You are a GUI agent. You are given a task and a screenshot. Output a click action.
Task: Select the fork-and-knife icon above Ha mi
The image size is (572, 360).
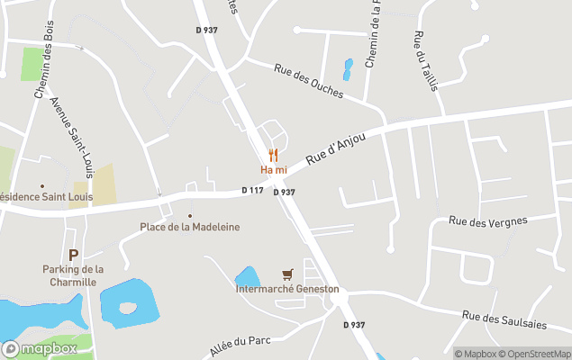[273, 155]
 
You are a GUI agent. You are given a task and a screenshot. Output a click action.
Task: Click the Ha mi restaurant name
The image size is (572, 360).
[273, 169]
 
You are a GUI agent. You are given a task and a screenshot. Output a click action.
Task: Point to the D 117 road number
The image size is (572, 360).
[252, 190]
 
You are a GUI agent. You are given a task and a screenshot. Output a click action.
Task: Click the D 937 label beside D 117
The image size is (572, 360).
[285, 192]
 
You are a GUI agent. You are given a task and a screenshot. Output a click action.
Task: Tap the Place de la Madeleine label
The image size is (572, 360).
[189, 228]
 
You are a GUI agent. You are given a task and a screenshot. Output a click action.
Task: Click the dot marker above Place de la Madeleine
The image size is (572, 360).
[189, 216]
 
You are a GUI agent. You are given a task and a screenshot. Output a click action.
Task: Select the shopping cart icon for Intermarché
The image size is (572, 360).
[287, 274]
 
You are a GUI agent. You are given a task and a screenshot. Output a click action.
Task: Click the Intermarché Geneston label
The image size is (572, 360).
[287, 289]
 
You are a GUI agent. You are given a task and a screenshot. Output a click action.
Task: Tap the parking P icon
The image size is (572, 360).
[73, 255]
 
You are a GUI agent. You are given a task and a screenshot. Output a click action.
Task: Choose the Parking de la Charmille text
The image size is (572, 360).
[73, 274]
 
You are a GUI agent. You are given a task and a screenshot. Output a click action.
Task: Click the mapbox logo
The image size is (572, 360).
[40, 348]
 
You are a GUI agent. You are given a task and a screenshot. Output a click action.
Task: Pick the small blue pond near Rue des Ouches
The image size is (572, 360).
[348, 68]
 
